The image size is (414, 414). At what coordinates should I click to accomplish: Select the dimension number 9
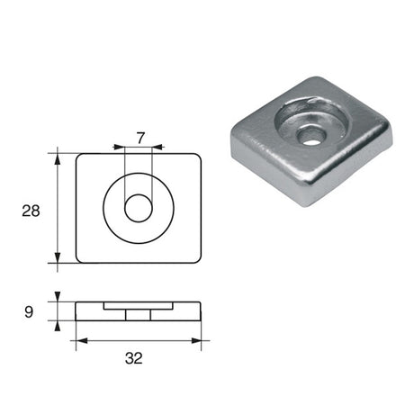(29, 313)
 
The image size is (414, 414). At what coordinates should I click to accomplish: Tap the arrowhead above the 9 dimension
(58, 298)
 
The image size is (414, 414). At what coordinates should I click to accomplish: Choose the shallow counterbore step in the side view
(138, 306)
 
